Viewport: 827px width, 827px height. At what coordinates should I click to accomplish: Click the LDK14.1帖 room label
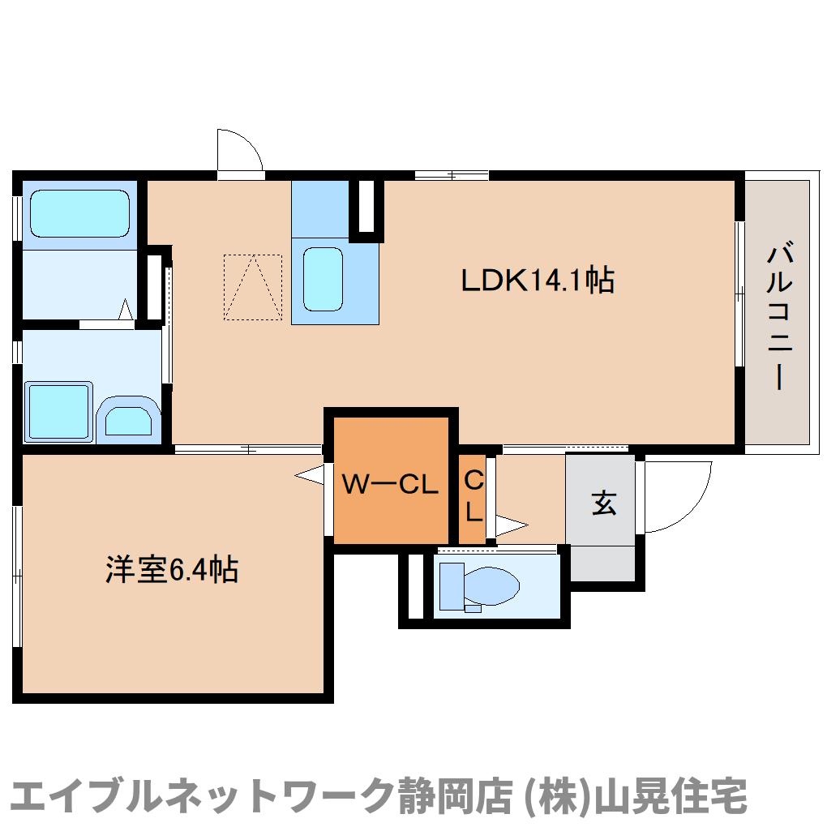(x=537, y=281)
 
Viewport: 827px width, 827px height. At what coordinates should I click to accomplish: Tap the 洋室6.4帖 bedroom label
(x=171, y=570)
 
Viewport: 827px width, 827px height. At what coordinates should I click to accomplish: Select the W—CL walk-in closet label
(x=390, y=485)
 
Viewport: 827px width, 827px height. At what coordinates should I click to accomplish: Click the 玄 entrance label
(x=602, y=503)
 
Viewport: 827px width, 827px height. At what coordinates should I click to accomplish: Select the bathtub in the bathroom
(x=79, y=214)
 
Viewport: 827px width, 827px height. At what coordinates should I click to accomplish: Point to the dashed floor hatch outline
(x=253, y=287)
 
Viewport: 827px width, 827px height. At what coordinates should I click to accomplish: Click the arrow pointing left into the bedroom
(x=309, y=476)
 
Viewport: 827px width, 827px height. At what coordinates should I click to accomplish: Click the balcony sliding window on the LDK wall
(x=739, y=294)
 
